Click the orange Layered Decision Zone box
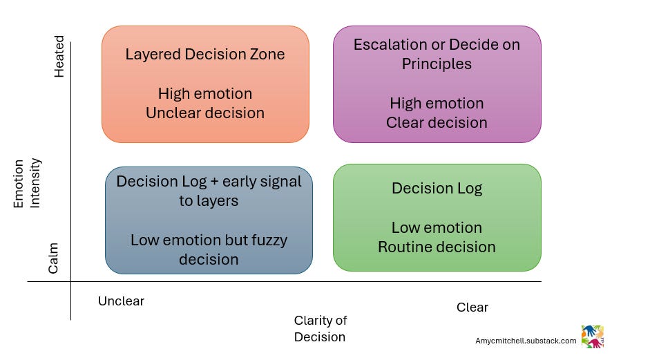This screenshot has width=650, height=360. coord(205,84)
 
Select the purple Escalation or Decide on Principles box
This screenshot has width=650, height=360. coord(437,84)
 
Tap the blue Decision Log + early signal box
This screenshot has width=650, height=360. coord(209,220)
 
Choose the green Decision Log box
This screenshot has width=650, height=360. coord(437,217)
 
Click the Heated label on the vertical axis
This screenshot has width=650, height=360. coord(59,57)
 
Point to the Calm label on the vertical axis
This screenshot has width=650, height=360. coord(54,258)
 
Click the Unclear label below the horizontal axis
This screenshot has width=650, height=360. coord(121,301)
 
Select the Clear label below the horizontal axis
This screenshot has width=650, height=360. coord(472,307)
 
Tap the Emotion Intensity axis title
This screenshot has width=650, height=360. coord(28,183)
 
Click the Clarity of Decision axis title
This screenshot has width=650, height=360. coord(320,329)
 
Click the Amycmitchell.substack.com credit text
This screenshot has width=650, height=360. coord(525,341)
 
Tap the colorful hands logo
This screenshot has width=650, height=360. coord(592,337)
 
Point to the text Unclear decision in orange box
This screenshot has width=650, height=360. coord(205,113)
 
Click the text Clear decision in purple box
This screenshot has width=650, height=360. coord(437,123)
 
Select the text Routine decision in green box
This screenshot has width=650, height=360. coord(437,247)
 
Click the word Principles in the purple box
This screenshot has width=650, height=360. coord(437,64)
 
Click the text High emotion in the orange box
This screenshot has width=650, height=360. coord(205,94)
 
